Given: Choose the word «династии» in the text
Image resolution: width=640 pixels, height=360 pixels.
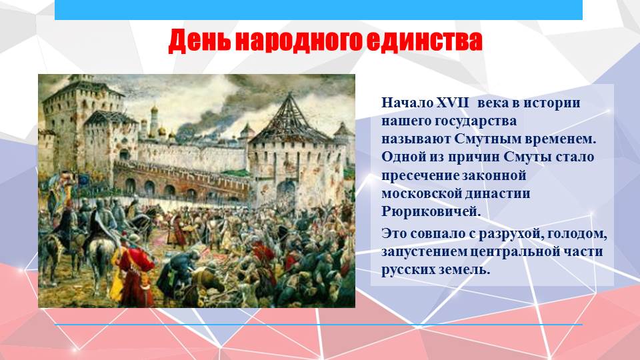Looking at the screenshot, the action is point(497,193).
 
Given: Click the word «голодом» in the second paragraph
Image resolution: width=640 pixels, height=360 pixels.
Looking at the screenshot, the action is point(577,234).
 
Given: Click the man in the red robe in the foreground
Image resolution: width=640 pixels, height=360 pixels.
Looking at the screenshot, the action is point(134,274).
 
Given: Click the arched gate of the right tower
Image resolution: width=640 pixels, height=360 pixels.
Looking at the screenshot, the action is point(286,192).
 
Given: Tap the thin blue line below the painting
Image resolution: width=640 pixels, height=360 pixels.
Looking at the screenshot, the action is point(319,325).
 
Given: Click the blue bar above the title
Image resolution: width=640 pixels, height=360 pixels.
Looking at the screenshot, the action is point(319,10).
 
